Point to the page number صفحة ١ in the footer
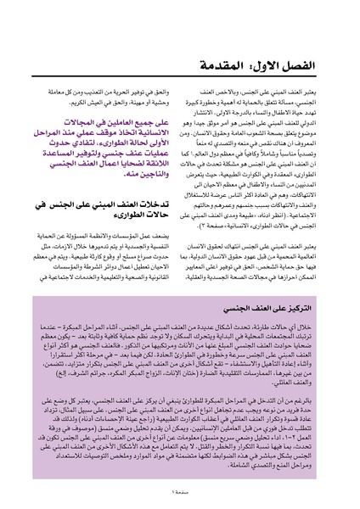coord(180,495)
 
